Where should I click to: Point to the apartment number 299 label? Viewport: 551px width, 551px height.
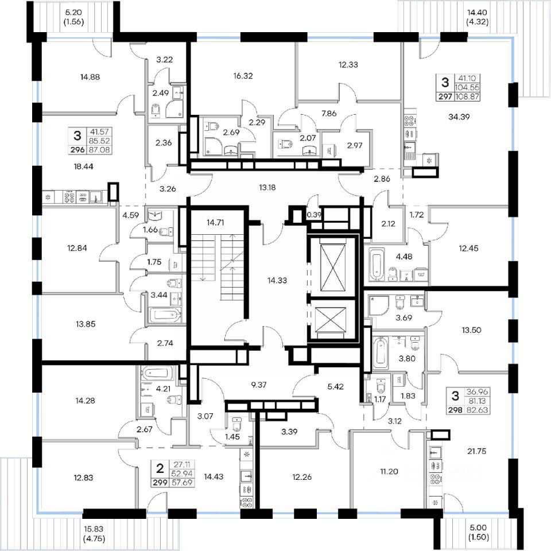pyautogui.click(x=158, y=483)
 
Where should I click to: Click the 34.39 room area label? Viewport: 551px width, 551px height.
pyautogui.click(x=457, y=117)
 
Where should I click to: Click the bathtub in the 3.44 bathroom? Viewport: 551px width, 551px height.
pyautogui.click(x=164, y=315)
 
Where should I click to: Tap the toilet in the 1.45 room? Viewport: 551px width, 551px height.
pyautogui.click(x=236, y=424)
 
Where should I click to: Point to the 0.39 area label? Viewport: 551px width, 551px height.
pyautogui.click(x=314, y=215)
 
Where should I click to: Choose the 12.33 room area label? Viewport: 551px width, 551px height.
pyautogui.click(x=348, y=65)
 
